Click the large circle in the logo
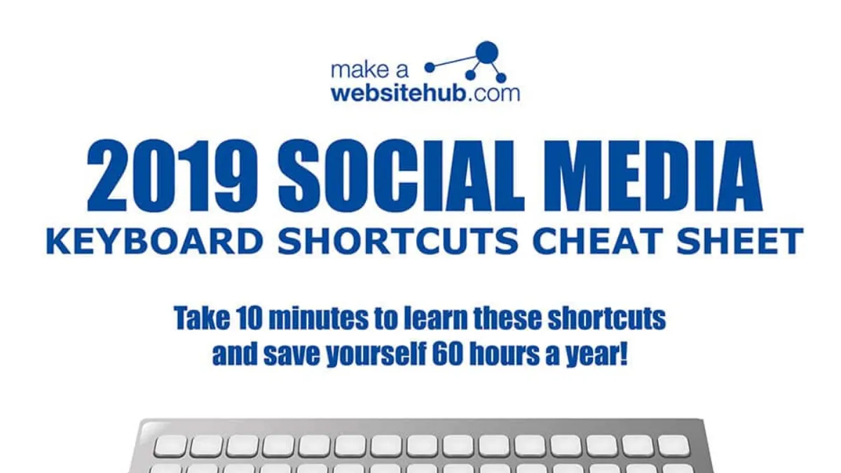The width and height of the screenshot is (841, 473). click(487, 53)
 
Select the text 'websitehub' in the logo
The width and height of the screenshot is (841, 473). click(399, 93)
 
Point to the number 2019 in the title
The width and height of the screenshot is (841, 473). click(172, 175)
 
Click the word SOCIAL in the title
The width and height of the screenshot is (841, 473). click(401, 175)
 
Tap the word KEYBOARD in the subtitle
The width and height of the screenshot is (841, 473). click(154, 241)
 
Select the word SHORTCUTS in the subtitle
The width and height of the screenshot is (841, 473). click(398, 241)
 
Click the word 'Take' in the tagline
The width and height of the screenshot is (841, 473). click(202, 317)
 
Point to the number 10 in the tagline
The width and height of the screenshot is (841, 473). click(249, 318)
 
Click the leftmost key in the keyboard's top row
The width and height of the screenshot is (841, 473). click(170, 446)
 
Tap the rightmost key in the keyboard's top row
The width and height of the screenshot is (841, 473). click(674, 446)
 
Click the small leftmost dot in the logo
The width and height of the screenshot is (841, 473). click(430, 67)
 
